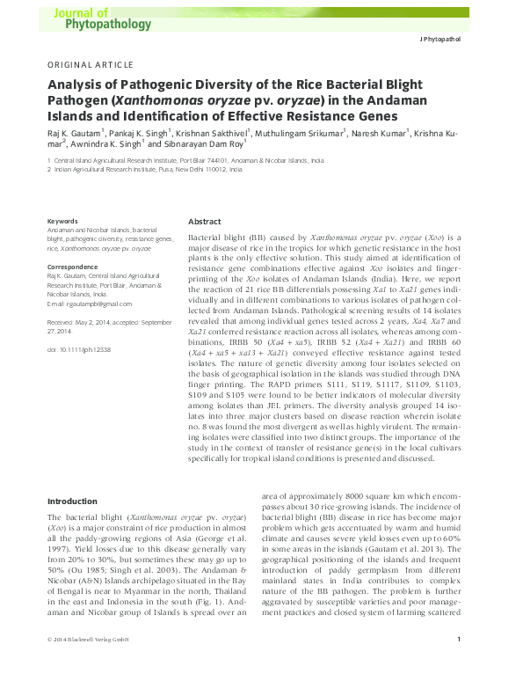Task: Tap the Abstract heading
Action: coord(205,222)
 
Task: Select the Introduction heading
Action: coord(74,501)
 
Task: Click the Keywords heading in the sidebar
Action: coord(62,220)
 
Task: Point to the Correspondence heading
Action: coord(72,266)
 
